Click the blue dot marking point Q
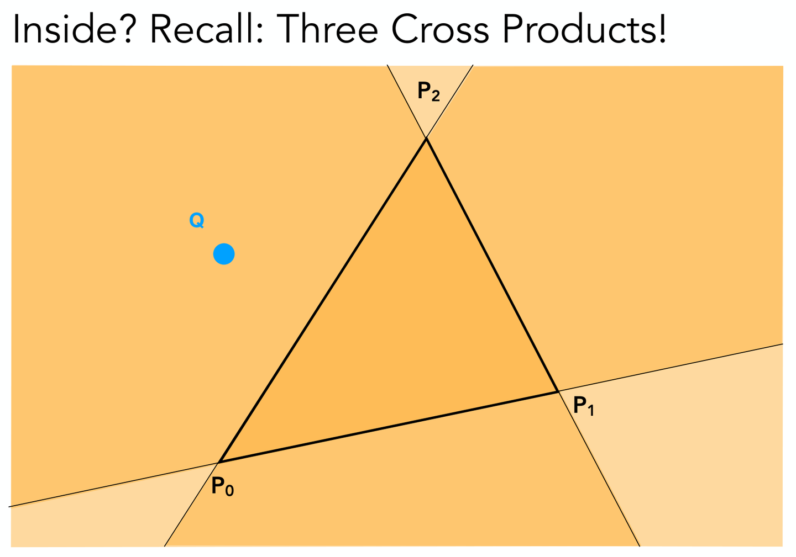click(x=224, y=254)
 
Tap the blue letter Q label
click(x=197, y=220)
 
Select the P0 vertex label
click(x=222, y=486)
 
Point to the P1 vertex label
click(x=584, y=406)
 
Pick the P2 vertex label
click(x=428, y=92)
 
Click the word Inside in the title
click(x=65, y=29)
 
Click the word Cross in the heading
click(x=440, y=29)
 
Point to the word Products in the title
click(x=579, y=29)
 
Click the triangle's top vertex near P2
click(x=426, y=138)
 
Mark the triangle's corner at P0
click(x=219, y=462)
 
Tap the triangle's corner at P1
click(x=558, y=391)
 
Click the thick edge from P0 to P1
click(x=389, y=427)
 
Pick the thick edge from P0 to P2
click(x=322, y=300)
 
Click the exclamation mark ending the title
click(x=662, y=29)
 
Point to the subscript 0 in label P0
click(x=229, y=491)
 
